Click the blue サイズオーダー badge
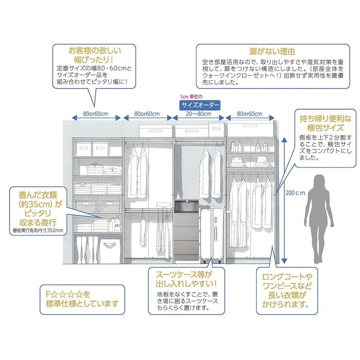[200, 105]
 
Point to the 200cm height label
[296, 192]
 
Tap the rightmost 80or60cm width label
[250, 114]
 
